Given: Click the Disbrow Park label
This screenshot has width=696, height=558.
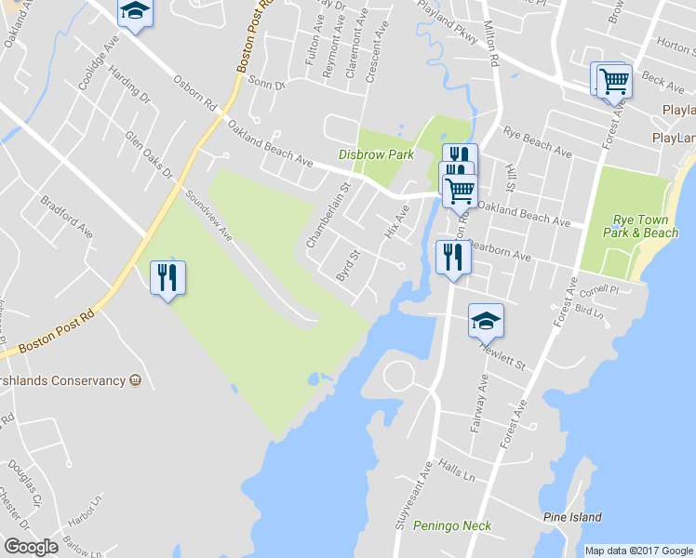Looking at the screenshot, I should (376, 155).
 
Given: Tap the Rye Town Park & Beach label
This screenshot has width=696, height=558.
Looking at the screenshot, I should (646, 227).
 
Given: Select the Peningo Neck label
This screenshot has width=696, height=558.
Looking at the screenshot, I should (452, 526).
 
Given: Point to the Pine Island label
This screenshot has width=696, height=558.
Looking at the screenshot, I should (572, 517).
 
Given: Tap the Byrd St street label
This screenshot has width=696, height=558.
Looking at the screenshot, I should (348, 266).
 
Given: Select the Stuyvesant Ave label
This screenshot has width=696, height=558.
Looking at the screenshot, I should (427, 487).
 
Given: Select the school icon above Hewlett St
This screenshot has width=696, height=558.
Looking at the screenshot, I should (486, 321).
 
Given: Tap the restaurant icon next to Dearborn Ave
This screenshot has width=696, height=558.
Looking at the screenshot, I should (453, 256).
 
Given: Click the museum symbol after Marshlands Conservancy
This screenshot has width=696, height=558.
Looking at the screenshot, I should (136, 380).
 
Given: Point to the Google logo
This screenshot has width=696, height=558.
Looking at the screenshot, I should (31, 547).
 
